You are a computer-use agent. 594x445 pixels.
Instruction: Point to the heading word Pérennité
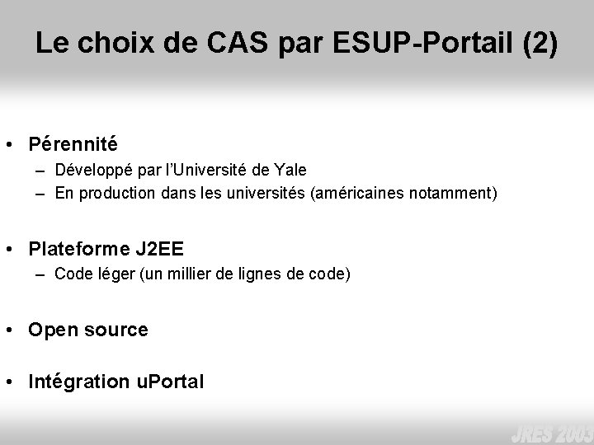point(73,144)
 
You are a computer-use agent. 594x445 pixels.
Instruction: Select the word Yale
point(291,171)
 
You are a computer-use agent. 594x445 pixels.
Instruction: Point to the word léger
point(107,274)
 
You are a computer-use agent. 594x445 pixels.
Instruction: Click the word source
point(115,330)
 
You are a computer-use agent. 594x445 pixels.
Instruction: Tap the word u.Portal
point(170,382)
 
